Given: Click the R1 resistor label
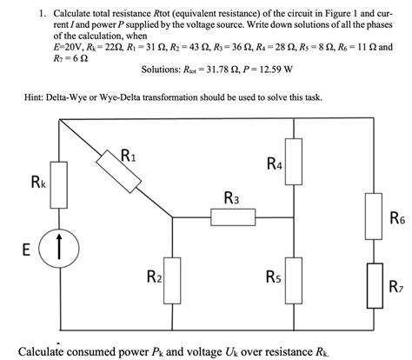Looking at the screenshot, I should pos(128,157).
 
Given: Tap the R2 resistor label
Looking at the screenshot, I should pos(153,278).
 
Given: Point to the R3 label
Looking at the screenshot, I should pos(232,198).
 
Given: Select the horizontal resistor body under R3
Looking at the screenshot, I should pos(234,217).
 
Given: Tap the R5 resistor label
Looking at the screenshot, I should pos(273,278).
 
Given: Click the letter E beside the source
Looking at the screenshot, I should pos(28,250).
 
